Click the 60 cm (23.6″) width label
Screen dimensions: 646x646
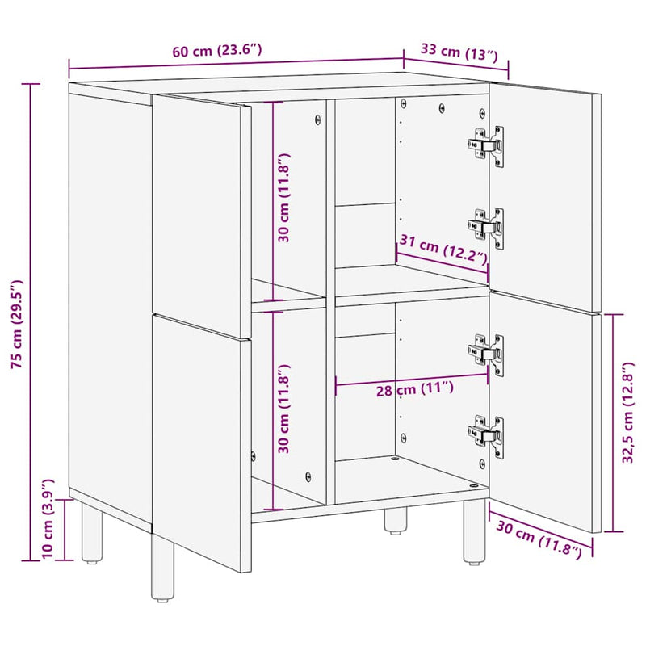216,50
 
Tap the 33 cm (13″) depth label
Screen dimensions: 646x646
459,53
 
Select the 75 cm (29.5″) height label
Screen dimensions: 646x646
18,324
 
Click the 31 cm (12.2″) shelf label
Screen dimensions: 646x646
443,250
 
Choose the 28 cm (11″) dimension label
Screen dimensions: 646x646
415,390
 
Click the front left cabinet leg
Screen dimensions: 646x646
162,568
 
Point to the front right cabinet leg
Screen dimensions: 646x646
474,533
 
